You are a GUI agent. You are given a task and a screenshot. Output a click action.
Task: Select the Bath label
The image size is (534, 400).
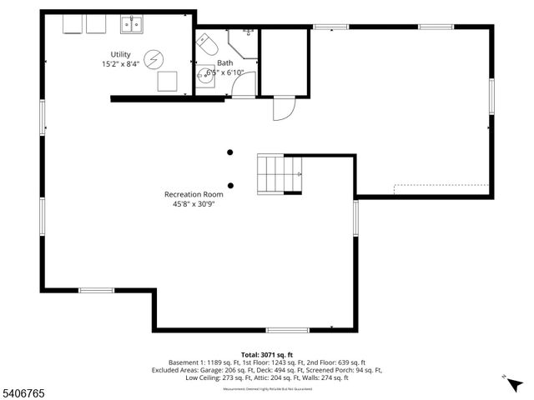[x=225, y=62]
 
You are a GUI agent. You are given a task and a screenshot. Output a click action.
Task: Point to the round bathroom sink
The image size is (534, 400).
[x=205, y=80]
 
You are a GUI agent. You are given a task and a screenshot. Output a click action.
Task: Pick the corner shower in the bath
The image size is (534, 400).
[x=243, y=42]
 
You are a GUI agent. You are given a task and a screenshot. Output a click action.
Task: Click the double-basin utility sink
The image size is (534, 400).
[x=130, y=25]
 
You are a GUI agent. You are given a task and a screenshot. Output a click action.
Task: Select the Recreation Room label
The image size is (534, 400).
[x=192, y=194]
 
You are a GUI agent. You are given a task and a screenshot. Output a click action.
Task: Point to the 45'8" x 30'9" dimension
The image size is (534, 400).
[x=192, y=204]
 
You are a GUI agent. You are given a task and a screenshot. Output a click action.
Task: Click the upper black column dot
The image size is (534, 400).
[x=230, y=152]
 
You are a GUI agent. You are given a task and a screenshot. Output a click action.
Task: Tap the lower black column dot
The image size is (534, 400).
[x=230, y=186]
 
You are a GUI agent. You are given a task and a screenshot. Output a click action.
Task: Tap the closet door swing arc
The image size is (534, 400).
[x=282, y=109]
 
